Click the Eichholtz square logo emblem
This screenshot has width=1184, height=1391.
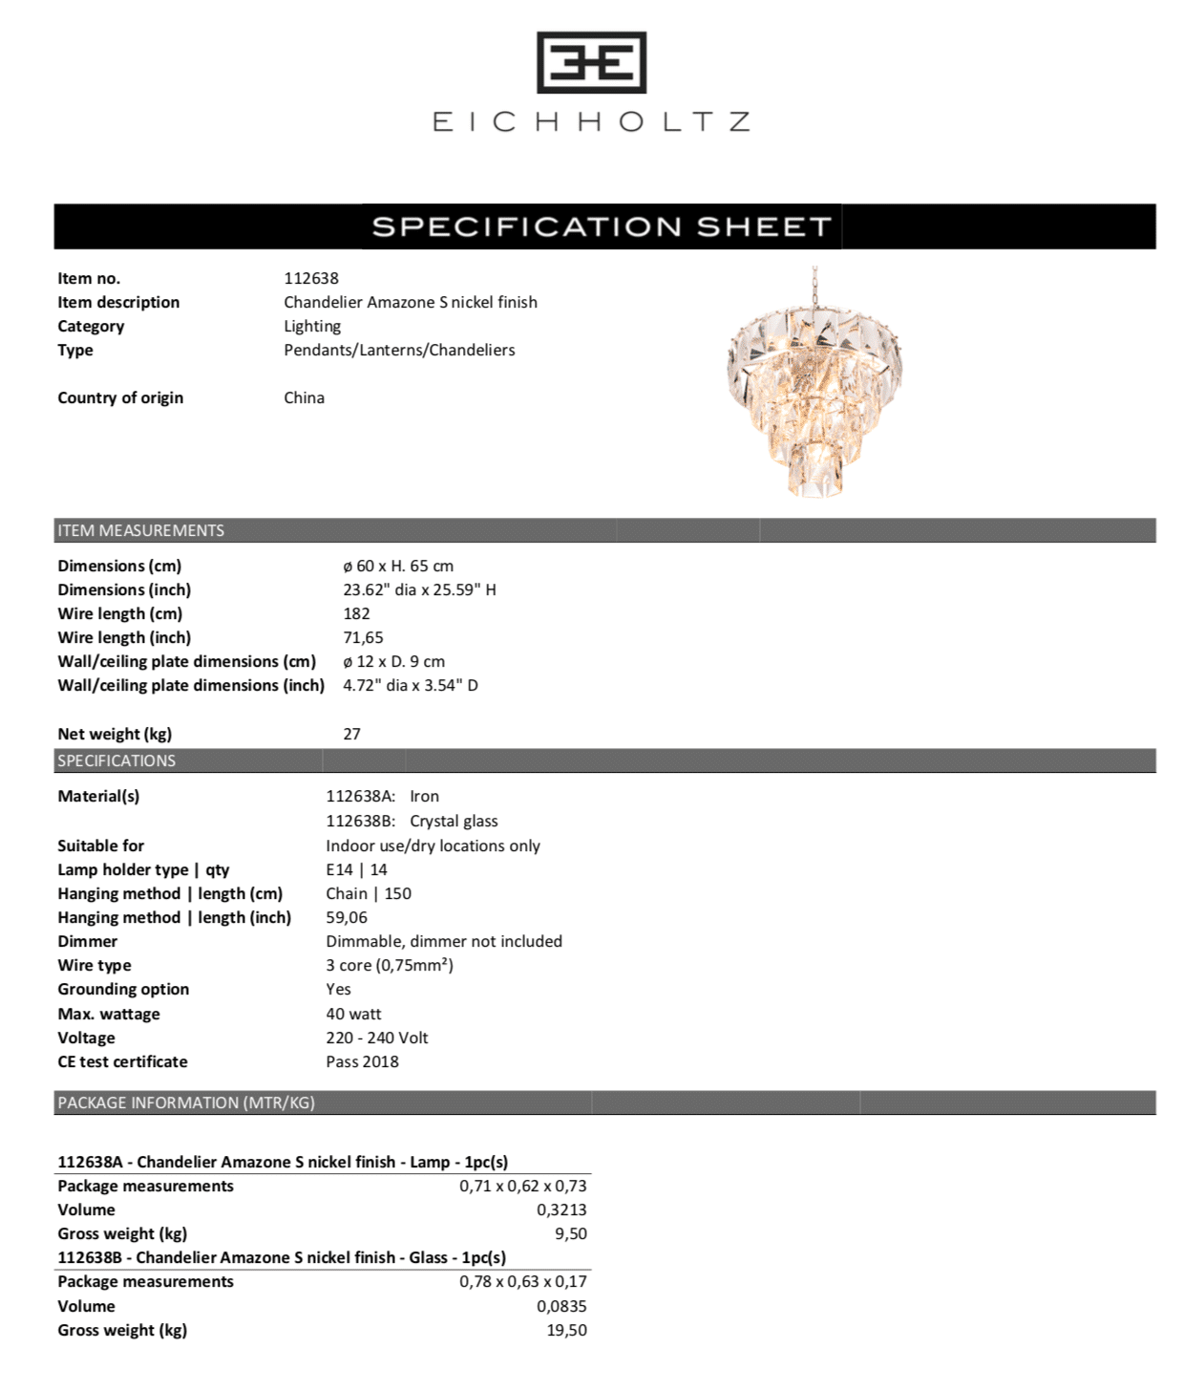tap(591, 63)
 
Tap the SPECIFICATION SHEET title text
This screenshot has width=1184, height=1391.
tap(602, 226)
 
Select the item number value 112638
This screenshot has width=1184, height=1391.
tap(311, 278)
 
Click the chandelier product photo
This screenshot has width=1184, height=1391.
tap(814, 382)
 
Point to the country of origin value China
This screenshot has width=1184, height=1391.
tap(304, 397)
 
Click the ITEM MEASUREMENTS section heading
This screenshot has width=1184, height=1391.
tap(140, 530)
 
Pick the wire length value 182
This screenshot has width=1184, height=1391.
tap(356, 613)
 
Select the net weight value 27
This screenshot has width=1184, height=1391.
tap(351, 734)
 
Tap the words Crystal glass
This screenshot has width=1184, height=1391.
tap(454, 821)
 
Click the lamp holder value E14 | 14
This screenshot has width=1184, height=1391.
tap(356, 869)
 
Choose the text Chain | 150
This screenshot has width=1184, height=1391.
tap(369, 893)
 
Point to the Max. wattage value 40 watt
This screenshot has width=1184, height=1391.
tap(353, 1014)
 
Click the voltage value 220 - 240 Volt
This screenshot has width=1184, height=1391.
tap(377, 1038)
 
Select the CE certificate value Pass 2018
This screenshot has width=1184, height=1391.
tap(362, 1061)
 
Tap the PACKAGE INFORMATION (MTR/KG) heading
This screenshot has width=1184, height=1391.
tap(186, 1102)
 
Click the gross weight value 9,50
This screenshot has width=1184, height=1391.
tap(570, 1233)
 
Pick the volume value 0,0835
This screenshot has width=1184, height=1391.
tap(561, 1306)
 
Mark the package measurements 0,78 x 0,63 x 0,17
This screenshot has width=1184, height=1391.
tap(522, 1281)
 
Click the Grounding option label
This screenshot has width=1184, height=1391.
tap(123, 989)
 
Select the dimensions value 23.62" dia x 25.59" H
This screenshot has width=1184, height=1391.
tap(419, 589)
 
